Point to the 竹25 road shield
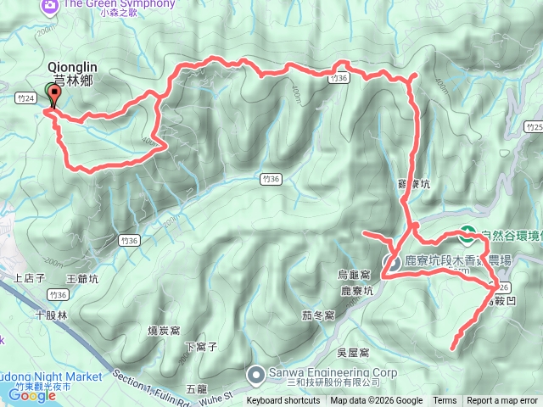533,127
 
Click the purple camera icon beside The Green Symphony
50,5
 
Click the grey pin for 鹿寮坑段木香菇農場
394,261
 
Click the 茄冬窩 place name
318,315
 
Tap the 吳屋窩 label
352,352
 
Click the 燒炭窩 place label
165,330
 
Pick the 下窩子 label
202,347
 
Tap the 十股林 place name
50,314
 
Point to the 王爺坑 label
82,277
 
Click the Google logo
32,394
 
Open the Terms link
445,401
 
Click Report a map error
502,401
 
